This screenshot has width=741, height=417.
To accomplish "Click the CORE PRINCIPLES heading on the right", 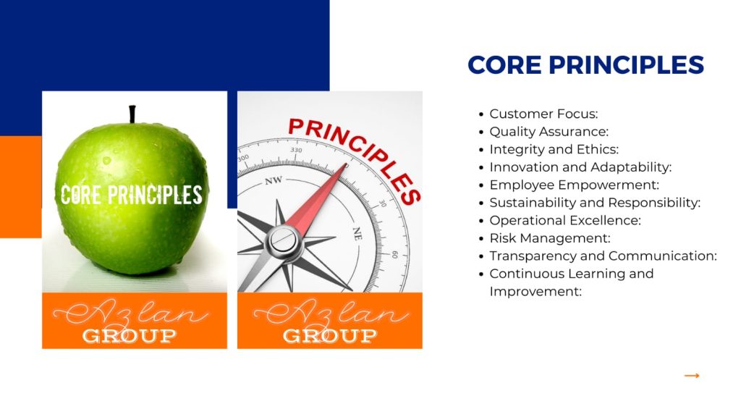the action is pyautogui.click(x=585, y=64).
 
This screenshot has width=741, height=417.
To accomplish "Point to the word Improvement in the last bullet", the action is pyautogui.click(x=535, y=292).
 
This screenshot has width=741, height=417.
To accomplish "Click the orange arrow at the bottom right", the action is pyautogui.click(x=692, y=376).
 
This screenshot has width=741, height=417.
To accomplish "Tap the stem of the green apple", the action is pyautogui.click(x=132, y=114).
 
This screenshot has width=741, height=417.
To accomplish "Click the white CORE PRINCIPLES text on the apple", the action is pyautogui.click(x=132, y=195).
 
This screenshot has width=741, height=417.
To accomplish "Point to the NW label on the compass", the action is pyautogui.click(x=273, y=180).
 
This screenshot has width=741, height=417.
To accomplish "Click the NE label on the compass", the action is pyautogui.click(x=357, y=233).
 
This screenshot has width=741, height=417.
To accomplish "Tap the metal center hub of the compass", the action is pyautogui.click(x=283, y=241).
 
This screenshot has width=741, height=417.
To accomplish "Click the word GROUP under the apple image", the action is pyautogui.click(x=129, y=336).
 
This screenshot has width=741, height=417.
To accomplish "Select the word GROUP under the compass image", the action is pyautogui.click(x=330, y=336).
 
